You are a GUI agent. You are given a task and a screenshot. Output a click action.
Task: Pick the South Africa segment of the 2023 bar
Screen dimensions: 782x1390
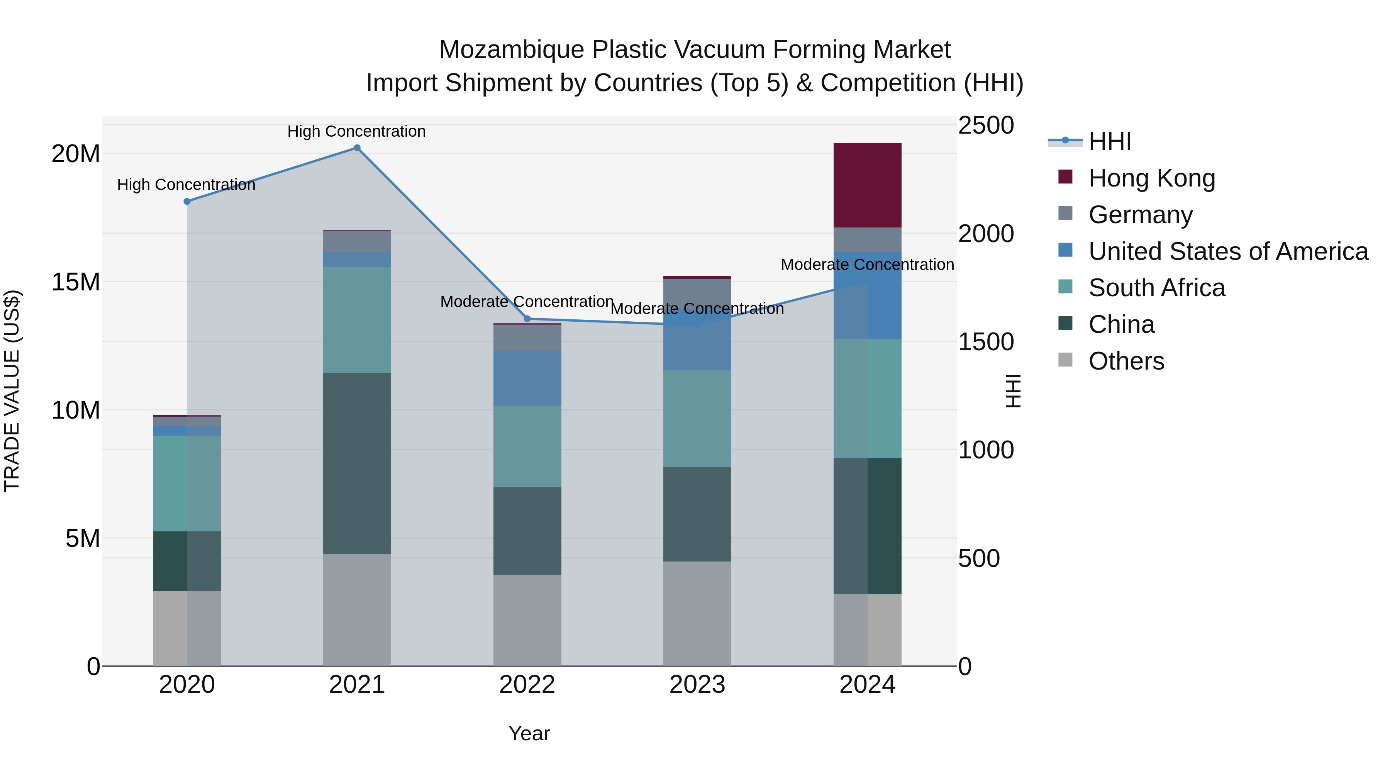697,418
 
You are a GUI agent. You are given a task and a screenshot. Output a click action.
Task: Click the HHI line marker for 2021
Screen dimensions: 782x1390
357,148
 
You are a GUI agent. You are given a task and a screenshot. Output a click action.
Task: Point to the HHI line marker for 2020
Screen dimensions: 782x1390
187,201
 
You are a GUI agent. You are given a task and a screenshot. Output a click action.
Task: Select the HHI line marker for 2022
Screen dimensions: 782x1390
527,319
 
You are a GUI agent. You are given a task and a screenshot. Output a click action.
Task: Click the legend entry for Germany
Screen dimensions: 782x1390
1140,214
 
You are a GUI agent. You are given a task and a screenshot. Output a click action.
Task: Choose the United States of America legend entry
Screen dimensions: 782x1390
1227,251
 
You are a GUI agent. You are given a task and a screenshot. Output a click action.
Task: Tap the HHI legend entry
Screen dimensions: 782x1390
1109,141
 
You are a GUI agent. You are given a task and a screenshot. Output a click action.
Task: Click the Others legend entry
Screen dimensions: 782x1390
1126,361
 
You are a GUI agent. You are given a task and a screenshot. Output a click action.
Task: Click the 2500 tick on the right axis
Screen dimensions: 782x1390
985,125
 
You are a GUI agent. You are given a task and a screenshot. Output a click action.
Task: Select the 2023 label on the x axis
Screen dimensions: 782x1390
697,685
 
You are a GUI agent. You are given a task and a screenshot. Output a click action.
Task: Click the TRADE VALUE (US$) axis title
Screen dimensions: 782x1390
12,391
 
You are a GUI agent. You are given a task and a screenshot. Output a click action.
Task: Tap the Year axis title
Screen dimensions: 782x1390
529,733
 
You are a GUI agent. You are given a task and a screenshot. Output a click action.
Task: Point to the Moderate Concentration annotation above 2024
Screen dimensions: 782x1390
867,265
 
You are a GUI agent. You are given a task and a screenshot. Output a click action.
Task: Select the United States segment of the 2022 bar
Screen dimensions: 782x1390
527,378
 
